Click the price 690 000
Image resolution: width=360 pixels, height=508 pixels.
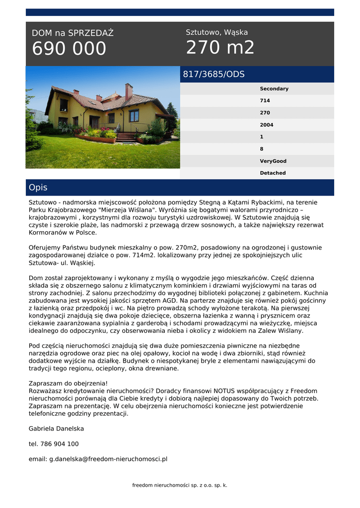coord(69,49)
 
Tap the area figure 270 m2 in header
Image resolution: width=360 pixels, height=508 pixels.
coord(220,48)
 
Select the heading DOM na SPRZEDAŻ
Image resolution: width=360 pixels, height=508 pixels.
coord(72,33)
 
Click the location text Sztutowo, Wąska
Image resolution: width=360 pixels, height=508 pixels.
coord(216,32)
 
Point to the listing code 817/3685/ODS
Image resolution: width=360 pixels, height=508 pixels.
coord(214,74)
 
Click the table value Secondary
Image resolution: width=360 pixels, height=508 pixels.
coord(274,89)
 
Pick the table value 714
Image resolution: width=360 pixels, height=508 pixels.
coord(265,101)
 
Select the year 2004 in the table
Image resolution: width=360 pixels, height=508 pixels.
coord(266,125)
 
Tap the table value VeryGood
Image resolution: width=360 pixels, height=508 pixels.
coord(273,161)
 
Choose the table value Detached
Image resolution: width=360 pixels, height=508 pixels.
coord(273,173)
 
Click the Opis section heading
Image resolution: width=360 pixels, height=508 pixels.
coord(38,188)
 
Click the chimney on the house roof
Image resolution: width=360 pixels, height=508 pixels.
coord(129,91)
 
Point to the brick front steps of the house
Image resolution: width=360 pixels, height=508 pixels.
coord(126,136)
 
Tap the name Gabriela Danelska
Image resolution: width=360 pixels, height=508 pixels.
coord(56,429)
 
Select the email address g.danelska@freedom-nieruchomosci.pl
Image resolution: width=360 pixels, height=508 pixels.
coord(98,459)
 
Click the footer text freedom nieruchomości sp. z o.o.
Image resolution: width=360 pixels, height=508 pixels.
coord(179,485)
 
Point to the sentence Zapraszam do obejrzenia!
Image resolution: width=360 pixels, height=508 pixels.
coord(68,383)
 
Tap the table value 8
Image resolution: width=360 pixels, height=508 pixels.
coord(262,149)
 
